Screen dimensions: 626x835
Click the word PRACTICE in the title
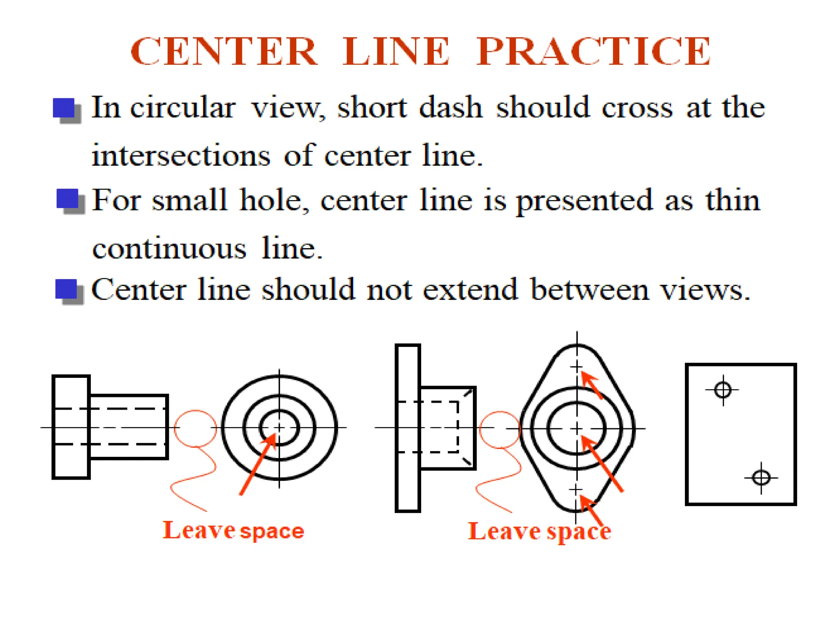click(594, 52)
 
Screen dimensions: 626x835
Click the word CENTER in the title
click(223, 52)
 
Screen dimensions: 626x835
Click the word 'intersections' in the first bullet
click(181, 156)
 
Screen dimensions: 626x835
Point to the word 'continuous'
click(169, 249)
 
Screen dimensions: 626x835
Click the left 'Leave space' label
click(233, 531)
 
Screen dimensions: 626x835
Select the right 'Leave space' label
click(539, 531)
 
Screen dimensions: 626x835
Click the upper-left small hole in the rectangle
click(723, 390)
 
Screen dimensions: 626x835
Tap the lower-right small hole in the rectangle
click(761, 478)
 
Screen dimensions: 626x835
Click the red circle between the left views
click(195, 428)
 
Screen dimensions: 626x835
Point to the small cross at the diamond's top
click(576, 367)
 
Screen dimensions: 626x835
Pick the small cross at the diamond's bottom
click(575, 489)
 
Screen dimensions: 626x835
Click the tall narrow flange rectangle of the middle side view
click(408, 428)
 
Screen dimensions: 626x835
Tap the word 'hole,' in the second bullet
click(274, 200)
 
